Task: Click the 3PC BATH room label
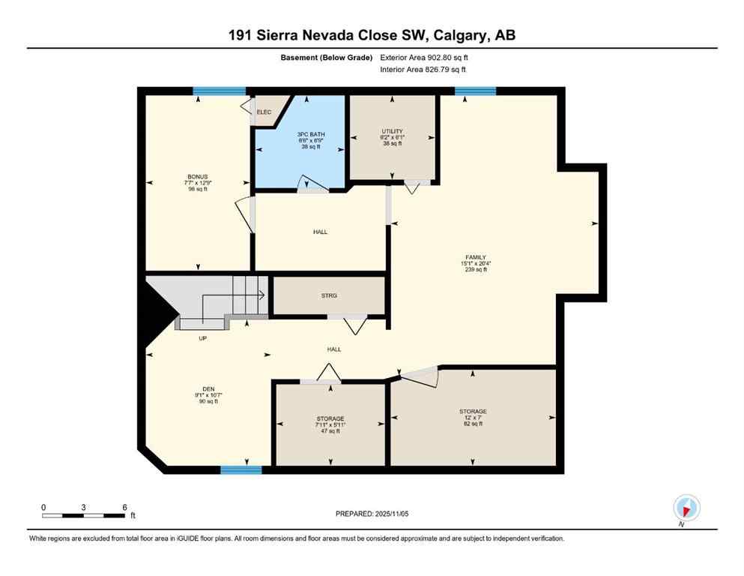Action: point(310,134)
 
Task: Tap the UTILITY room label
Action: point(392,132)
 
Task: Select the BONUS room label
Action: point(198,177)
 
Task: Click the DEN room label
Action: point(198,389)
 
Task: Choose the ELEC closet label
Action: point(263,112)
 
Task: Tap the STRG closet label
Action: point(329,295)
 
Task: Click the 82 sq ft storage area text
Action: point(473,424)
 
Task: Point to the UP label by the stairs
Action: point(202,338)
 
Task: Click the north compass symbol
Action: point(686,508)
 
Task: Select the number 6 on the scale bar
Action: point(124,507)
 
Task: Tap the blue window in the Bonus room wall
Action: point(219,91)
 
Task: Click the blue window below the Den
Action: point(241,470)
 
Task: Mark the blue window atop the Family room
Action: point(475,91)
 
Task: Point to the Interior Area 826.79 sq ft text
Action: point(423,70)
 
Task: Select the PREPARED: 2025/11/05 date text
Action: point(372,514)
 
